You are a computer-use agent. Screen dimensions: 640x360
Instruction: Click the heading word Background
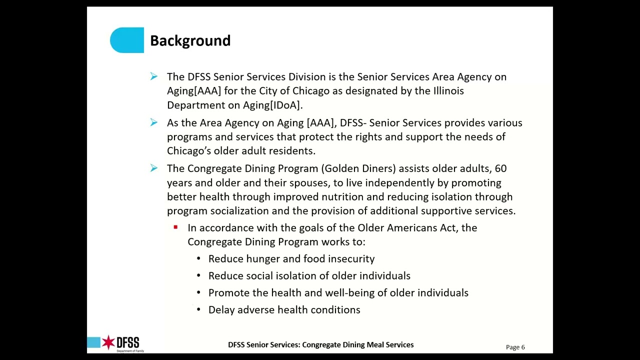pyautogui.click(x=190, y=40)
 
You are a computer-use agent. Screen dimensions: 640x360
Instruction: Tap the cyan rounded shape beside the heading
pyautogui.click(x=127, y=40)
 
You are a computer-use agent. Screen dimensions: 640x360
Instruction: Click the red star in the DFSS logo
pyautogui.click(x=108, y=342)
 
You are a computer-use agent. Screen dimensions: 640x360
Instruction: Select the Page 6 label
pyautogui.click(x=515, y=347)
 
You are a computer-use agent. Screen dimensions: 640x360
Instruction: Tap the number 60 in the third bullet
pyautogui.click(x=500, y=168)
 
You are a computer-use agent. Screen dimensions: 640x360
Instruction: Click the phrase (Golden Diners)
pyautogui.click(x=358, y=168)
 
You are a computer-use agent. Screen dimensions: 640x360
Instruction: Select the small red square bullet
pyautogui.click(x=175, y=227)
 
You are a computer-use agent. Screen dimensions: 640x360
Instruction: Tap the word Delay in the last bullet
pyautogui.click(x=221, y=309)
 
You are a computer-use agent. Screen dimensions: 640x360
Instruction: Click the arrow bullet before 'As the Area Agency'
pyautogui.click(x=153, y=122)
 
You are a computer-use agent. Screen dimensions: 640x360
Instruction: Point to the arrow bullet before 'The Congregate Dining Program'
pyautogui.click(x=153, y=168)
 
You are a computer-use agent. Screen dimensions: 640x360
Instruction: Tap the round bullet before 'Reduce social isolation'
pyautogui.click(x=198, y=275)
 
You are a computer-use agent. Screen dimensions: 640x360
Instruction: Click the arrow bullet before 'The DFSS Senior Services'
pyautogui.click(x=153, y=76)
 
